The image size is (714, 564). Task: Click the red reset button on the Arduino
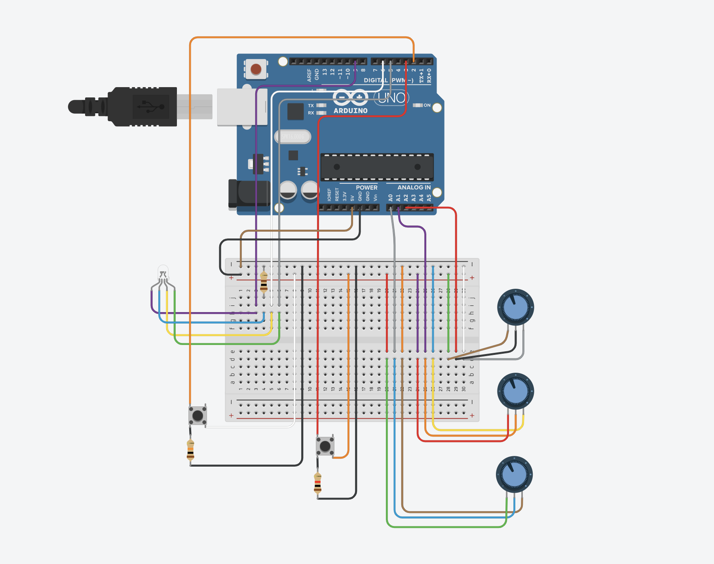(x=256, y=70)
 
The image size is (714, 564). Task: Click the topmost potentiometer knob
(x=515, y=307)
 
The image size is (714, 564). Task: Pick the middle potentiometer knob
(x=515, y=391)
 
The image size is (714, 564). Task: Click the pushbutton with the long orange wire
(x=197, y=415)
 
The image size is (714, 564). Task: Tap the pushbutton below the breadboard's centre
(x=325, y=446)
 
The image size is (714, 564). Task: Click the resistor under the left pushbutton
(x=190, y=451)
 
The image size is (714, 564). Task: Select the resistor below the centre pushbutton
(x=317, y=482)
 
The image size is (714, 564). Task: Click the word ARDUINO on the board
(x=350, y=111)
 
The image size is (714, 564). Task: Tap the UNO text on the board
(x=391, y=98)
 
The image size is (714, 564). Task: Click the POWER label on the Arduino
(x=366, y=187)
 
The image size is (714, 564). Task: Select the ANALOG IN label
(x=414, y=187)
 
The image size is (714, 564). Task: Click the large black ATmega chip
(x=377, y=167)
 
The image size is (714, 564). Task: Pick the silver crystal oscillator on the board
(x=292, y=137)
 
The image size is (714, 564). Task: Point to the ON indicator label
(x=427, y=105)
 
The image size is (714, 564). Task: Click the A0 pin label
(x=390, y=197)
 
